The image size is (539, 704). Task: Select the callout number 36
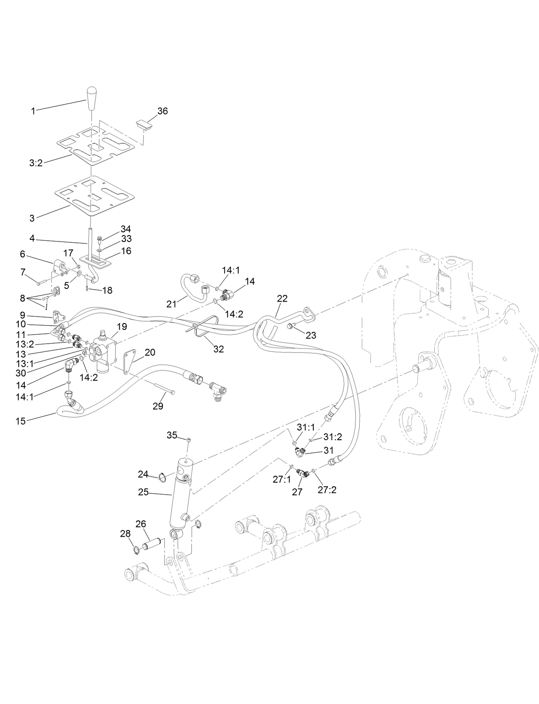click(x=163, y=111)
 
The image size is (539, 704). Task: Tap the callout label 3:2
click(x=36, y=163)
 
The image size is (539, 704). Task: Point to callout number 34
click(x=126, y=229)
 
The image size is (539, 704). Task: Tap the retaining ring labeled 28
click(x=136, y=550)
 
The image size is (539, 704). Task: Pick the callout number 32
click(x=219, y=349)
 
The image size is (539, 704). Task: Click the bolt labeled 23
click(x=291, y=327)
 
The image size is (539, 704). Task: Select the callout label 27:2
click(x=327, y=489)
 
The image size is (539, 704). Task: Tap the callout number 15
click(x=21, y=421)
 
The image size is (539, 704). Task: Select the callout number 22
click(x=282, y=298)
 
